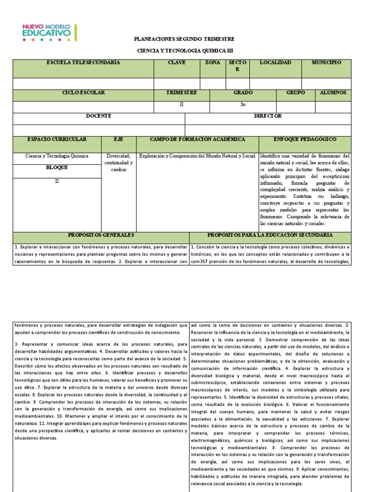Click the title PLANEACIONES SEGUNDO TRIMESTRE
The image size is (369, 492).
(x=184, y=39)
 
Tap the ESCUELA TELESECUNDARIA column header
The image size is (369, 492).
(x=83, y=63)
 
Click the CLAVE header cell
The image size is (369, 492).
(x=176, y=63)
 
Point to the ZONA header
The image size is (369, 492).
(x=212, y=63)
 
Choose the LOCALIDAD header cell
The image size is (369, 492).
(x=275, y=63)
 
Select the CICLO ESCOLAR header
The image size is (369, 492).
(x=83, y=93)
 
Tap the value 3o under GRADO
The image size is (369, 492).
(x=243, y=104)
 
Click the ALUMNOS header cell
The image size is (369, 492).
(x=333, y=93)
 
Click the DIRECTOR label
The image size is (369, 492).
(x=268, y=116)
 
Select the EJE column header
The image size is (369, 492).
(x=118, y=139)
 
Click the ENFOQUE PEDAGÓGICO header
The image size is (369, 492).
(x=305, y=139)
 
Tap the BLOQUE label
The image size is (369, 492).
(x=57, y=168)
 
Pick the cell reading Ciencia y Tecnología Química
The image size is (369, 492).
(x=57, y=156)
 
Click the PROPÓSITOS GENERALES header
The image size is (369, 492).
(x=101, y=235)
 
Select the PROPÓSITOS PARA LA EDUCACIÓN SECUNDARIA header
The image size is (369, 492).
(x=270, y=235)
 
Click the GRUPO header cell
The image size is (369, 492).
(x=295, y=93)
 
